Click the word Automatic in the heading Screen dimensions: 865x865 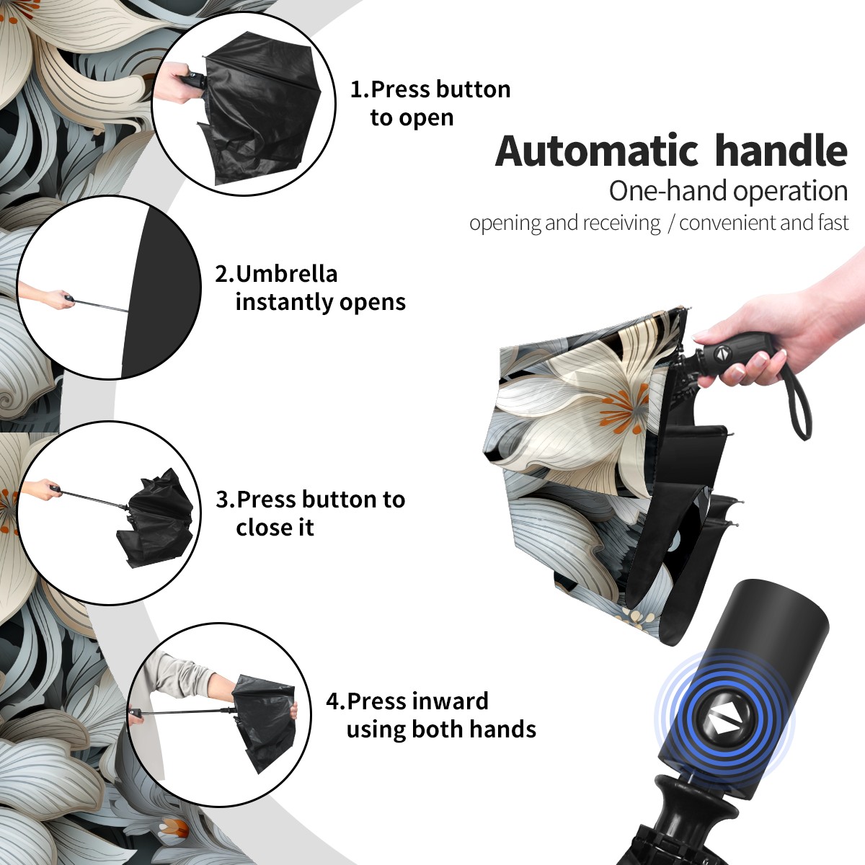click(597, 151)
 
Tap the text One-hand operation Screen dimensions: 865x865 click(728, 191)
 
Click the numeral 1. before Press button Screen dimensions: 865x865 click(360, 89)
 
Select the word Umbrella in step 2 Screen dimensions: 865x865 click(286, 274)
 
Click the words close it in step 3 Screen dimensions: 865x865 click(275, 527)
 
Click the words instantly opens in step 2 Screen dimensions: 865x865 click(321, 302)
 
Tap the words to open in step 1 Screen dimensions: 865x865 click(412, 117)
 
